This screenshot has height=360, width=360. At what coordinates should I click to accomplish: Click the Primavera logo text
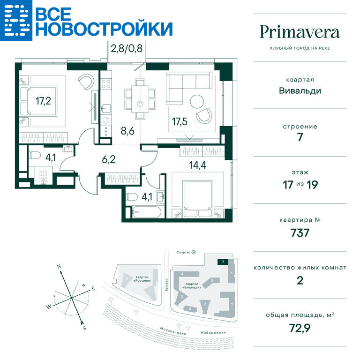(x=300, y=32)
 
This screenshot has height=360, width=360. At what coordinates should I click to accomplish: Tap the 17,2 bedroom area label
(x=43, y=101)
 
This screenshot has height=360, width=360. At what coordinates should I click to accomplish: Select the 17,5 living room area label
(x=180, y=121)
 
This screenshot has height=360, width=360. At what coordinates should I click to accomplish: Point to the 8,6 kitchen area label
(x=127, y=131)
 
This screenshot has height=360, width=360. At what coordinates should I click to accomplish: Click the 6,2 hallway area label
(x=109, y=159)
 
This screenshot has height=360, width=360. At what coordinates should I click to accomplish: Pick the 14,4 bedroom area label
(x=198, y=165)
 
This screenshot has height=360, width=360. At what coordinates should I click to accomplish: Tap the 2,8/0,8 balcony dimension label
(x=127, y=48)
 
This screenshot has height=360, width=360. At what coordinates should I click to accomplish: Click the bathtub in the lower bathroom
(x=147, y=212)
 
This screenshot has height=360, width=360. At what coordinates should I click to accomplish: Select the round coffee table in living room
(x=197, y=102)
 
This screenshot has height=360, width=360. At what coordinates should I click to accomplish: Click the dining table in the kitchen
(x=140, y=99)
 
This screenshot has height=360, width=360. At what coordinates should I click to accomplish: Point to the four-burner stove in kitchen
(x=106, y=83)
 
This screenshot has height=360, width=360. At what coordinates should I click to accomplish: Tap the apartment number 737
(x=300, y=233)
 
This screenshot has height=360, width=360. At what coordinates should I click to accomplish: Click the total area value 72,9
(x=300, y=328)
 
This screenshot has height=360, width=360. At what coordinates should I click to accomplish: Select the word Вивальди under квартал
(x=300, y=90)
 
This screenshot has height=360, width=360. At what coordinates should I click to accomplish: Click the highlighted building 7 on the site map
(x=223, y=262)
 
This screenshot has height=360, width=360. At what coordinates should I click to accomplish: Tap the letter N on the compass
(x=59, y=267)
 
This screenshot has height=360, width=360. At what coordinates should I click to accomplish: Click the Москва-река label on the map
(x=172, y=331)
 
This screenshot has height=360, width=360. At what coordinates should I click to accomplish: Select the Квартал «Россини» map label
(x=142, y=279)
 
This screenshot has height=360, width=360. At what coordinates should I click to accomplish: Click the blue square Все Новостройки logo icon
(x=16, y=20)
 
